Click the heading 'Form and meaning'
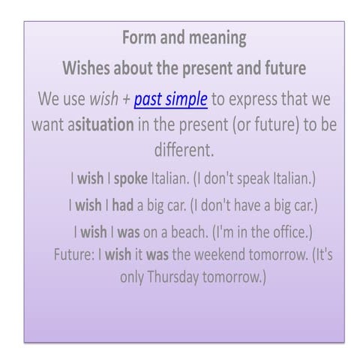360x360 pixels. click(184, 37)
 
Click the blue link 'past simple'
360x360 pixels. click(170, 99)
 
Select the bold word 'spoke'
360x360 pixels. click(130, 179)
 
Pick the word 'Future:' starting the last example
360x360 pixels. click(73, 253)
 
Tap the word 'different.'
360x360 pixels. click(184, 149)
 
